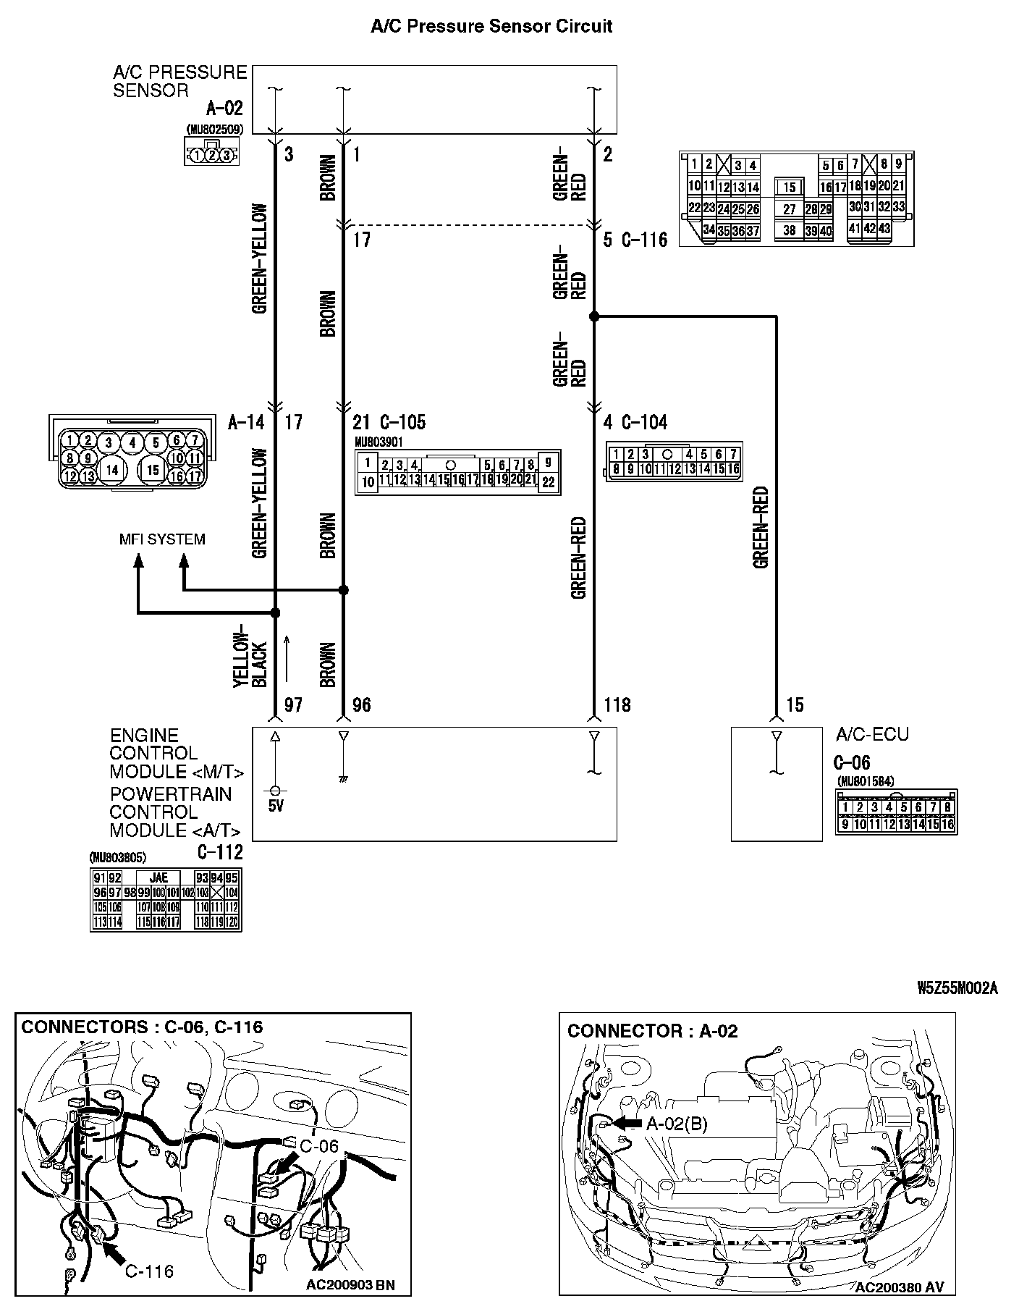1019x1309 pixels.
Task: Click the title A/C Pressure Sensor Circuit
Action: tap(491, 27)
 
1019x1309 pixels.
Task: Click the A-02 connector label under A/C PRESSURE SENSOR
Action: tap(224, 109)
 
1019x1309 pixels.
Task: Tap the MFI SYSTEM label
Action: tap(162, 539)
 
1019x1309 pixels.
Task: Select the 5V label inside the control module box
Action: tap(276, 806)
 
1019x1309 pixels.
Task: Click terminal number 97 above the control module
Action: tap(292, 704)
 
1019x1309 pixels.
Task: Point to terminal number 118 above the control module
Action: tap(617, 704)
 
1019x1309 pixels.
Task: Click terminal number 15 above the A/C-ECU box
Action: tap(795, 704)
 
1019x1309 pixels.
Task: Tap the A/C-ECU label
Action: tap(872, 734)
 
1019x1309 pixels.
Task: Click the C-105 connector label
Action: tap(402, 422)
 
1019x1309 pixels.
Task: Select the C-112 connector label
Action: tap(220, 852)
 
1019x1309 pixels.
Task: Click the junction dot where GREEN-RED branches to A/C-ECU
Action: tap(594, 316)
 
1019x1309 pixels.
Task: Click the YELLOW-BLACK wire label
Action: tap(250, 655)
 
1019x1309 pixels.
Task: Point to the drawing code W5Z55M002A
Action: tap(957, 989)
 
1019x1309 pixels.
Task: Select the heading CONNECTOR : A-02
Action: tap(652, 1031)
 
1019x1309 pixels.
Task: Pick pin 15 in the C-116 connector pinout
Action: tap(790, 187)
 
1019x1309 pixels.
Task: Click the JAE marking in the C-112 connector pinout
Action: tap(158, 878)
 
